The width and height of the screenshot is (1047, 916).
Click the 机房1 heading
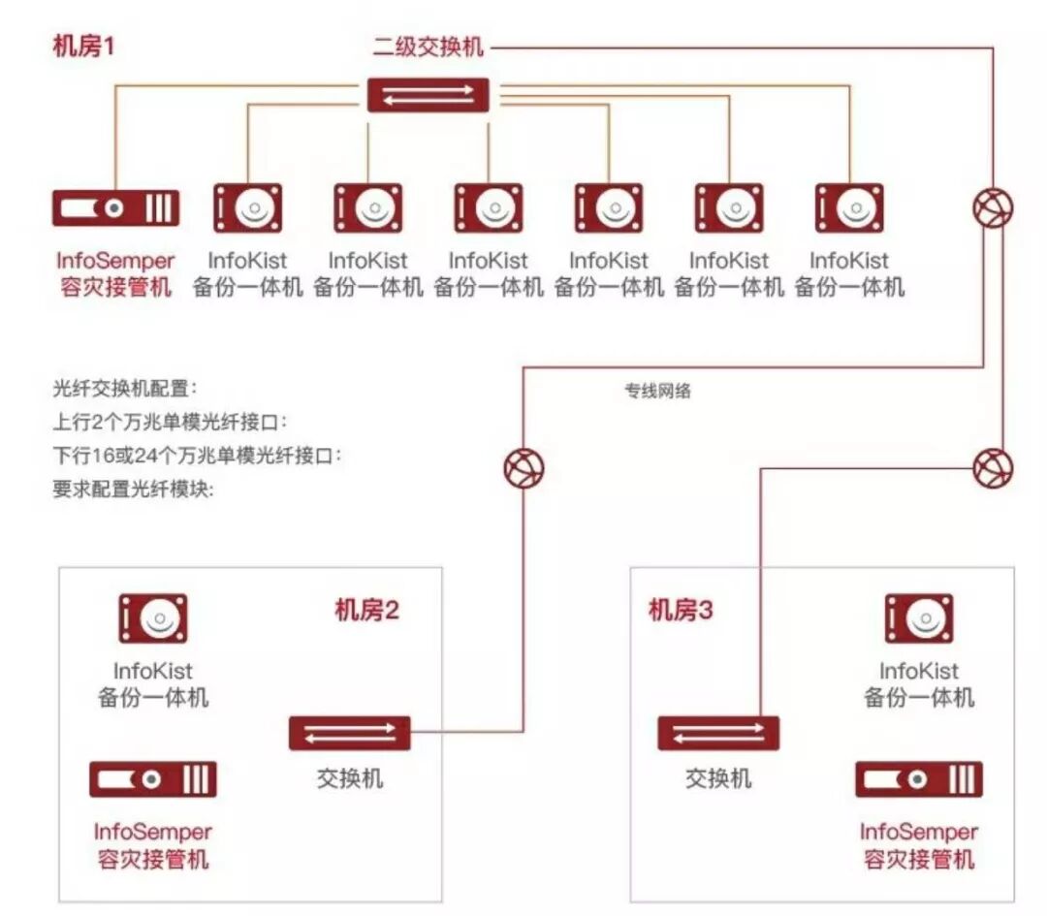click(84, 46)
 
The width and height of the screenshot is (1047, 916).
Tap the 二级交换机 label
click(428, 46)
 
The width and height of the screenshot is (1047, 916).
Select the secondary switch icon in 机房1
click(428, 95)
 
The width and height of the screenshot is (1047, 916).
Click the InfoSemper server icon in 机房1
click(115, 208)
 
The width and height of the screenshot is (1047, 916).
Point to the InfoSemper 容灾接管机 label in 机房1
click(115, 274)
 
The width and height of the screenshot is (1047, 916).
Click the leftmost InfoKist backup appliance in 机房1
click(247, 207)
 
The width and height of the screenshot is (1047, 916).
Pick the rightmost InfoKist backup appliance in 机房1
click(849, 207)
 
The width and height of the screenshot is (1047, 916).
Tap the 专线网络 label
click(658, 393)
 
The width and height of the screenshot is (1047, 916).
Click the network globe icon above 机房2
click(523, 469)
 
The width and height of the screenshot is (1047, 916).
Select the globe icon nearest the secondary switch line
click(994, 206)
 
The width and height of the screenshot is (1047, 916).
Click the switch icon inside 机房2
click(349, 733)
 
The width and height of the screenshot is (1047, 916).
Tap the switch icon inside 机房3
click(718, 733)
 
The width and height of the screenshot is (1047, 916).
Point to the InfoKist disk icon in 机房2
click(153, 618)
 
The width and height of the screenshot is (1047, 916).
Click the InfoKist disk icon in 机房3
click(919, 618)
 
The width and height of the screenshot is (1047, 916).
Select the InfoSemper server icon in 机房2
click(153, 779)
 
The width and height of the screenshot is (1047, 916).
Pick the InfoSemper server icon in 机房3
click(919, 779)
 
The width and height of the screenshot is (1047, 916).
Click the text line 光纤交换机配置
click(125, 389)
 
